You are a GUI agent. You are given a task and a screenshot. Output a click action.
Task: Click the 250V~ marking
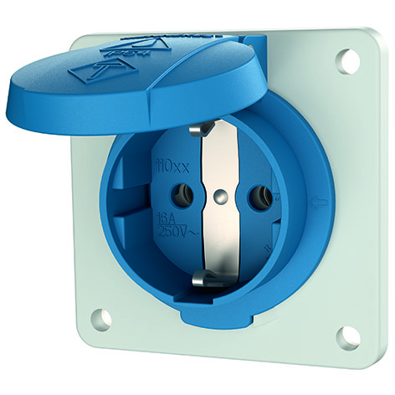click(176, 232)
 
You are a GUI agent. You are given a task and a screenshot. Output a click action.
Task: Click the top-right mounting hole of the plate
click(347, 60)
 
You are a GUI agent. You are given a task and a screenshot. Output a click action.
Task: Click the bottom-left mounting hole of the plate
click(100, 318)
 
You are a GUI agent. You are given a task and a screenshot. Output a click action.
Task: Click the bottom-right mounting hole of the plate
click(348, 336)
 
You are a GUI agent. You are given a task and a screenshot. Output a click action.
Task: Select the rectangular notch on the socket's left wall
click(118, 201)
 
